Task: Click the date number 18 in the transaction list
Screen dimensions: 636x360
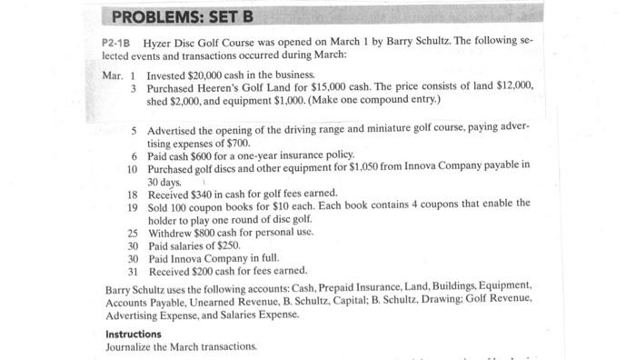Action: (132, 193)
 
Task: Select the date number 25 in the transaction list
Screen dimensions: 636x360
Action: (132, 232)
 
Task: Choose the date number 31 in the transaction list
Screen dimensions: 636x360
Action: (132, 271)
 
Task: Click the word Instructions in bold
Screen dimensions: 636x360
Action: (133, 334)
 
